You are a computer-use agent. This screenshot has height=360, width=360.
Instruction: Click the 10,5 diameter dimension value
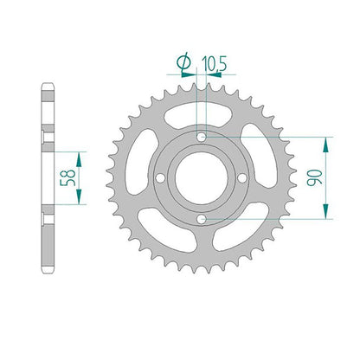tap(215, 63)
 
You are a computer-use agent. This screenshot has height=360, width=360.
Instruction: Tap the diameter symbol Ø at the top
tap(183, 62)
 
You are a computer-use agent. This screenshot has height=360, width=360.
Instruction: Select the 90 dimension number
tap(314, 178)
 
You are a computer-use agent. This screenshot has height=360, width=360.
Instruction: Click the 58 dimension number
tap(67, 178)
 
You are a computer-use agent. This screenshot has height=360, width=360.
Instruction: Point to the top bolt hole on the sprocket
tap(202, 138)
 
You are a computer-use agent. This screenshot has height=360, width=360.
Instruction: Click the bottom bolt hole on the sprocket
tap(202, 219)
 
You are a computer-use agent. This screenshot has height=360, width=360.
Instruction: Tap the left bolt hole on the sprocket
tap(160, 178)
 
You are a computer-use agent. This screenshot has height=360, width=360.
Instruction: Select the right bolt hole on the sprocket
tap(242, 178)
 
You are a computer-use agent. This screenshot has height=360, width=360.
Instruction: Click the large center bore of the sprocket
tap(202, 178)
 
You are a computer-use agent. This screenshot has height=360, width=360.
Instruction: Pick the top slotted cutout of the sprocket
tap(198, 116)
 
